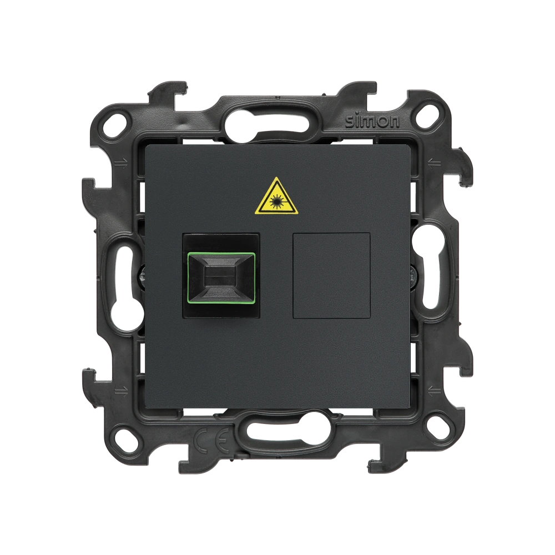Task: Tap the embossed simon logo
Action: coord(372,122)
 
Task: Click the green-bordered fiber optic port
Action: coord(221,275)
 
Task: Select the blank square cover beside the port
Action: coord(332,275)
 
